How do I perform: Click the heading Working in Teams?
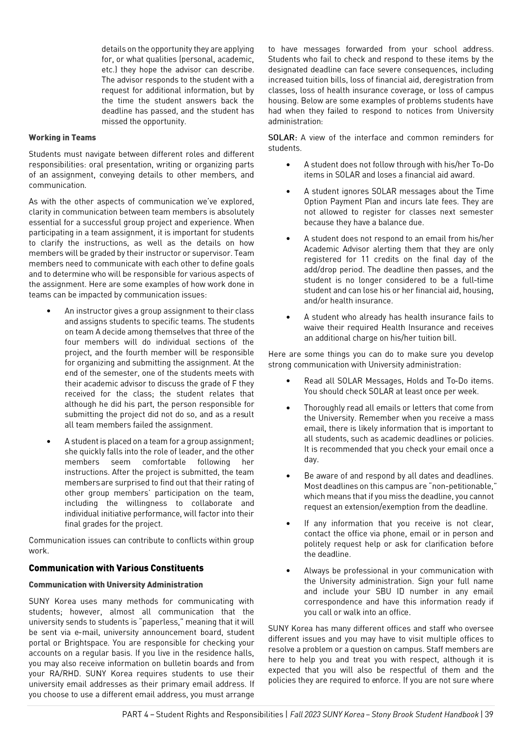(x=62, y=138)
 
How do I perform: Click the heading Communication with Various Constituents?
(x=116, y=568)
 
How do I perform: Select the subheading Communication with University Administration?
(x=116, y=585)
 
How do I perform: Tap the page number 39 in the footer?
(x=488, y=714)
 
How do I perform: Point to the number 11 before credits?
(x=365, y=259)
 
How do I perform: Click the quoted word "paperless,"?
(x=151, y=622)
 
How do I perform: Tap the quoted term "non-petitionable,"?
(x=460, y=486)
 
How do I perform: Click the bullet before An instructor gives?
(x=49, y=311)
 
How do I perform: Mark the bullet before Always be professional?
(x=288, y=571)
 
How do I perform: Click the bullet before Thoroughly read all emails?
(x=288, y=408)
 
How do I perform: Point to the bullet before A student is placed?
(x=49, y=441)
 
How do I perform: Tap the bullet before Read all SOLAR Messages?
(x=288, y=381)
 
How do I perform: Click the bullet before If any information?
(x=288, y=523)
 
